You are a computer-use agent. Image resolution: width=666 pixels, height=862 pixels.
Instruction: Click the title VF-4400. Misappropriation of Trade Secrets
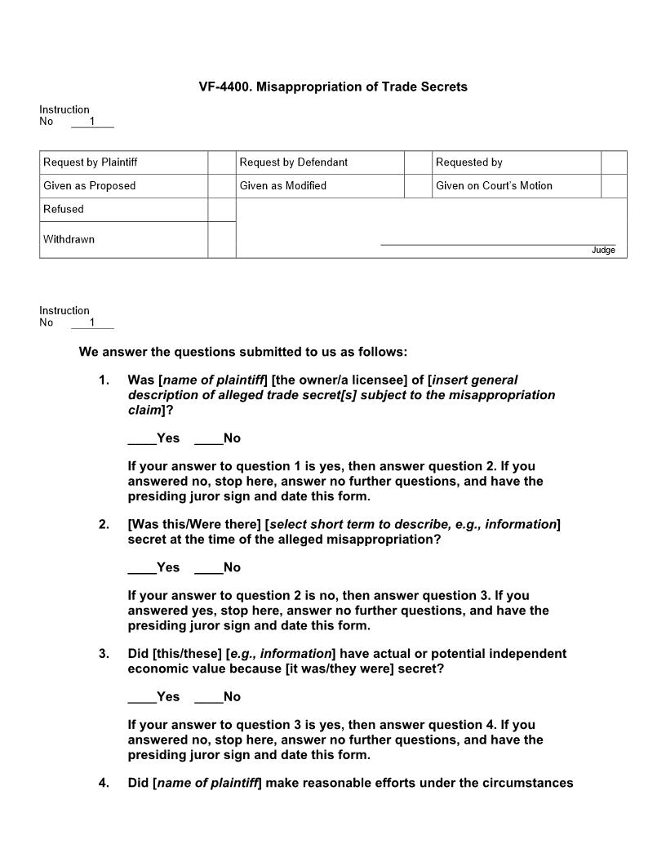coord(333,87)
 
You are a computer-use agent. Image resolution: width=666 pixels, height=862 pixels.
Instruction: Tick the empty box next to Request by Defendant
coord(417,162)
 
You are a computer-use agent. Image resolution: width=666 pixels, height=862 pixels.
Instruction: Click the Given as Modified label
coord(282,186)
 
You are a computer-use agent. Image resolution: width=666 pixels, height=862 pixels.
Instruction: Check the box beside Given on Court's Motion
coord(614,186)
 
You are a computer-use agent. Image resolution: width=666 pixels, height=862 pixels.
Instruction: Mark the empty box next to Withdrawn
coord(221,240)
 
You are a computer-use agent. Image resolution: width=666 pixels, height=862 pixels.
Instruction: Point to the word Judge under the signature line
coord(603,250)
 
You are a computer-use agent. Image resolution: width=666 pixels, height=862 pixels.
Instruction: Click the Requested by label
coord(468,162)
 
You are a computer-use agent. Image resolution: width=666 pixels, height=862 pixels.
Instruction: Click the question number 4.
coord(104,783)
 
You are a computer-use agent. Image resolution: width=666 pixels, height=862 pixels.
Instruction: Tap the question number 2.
coord(104,524)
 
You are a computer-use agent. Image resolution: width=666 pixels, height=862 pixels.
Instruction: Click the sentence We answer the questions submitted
coord(242,353)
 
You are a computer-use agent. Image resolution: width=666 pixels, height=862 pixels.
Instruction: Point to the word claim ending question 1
coord(144,410)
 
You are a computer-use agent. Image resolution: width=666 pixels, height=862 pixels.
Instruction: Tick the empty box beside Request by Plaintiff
coord(221,162)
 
